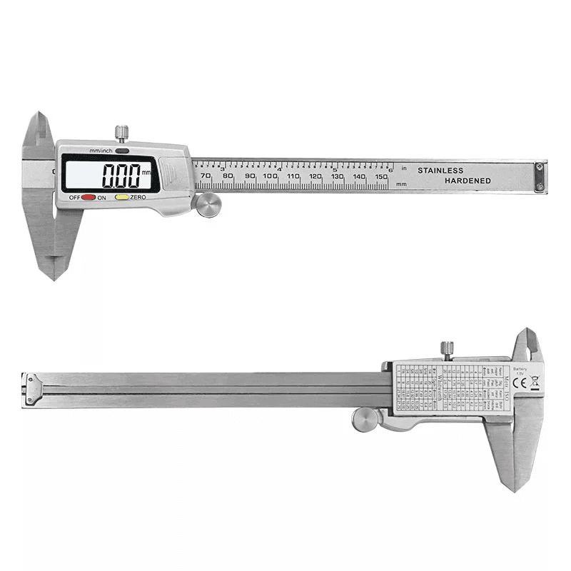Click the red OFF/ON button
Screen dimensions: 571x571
click(89, 197)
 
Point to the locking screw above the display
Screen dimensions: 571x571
click(123, 133)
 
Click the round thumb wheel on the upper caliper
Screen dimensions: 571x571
click(206, 204)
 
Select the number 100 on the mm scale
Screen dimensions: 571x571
click(270, 176)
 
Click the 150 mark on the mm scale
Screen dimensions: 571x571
click(380, 176)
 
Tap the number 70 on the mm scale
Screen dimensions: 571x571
click(206, 176)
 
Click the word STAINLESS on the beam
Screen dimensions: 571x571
click(440, 171)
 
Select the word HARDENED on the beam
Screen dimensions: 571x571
click(468, 181)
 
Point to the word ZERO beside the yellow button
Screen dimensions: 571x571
click(138, 197)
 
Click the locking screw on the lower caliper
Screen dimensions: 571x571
click(448, 349)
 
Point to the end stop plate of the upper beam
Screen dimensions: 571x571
click(539, 176)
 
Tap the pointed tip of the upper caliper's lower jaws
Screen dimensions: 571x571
click(54, 277)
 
